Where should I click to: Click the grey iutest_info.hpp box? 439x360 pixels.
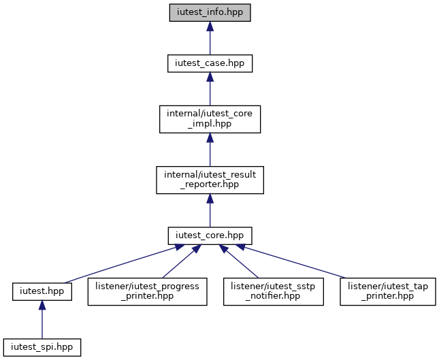(x=210, y=13)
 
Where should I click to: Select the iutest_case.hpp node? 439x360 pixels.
(x=210, y=63)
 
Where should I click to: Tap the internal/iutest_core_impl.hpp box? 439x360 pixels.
(x=210, y=119)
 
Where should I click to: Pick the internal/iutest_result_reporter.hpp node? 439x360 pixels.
(x=210, y=180)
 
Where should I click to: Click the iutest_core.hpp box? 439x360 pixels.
(x=210, y=235)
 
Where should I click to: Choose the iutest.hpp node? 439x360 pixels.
(x=42, y=292)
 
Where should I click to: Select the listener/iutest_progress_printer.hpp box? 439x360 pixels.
(x=147, y=292)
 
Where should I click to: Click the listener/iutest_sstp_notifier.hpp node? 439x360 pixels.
(x=274, y=292)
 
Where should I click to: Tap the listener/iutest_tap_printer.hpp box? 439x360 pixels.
(x=388, y=292)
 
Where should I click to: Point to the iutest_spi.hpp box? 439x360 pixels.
(x=42, y=347)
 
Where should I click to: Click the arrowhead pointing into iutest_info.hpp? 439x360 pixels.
(x=210, y=26)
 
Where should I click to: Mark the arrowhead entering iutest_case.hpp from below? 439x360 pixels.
(x=210, y=77)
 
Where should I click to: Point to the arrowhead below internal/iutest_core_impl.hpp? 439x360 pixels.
(x=210, y=137)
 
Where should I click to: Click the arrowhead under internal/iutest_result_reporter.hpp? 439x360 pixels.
(x=210, y=199)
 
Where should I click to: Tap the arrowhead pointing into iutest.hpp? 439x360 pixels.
(x=42, y=305)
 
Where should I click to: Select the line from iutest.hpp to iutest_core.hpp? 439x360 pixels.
(x=120, y=264)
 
